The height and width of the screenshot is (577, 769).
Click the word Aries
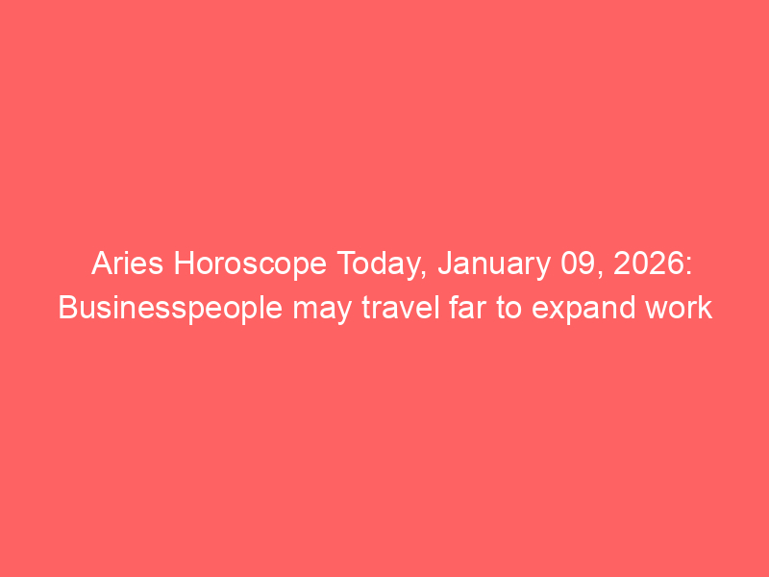127,263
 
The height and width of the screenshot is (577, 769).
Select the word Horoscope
250,265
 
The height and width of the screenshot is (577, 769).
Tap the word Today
378,265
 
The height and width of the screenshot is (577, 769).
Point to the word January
494,265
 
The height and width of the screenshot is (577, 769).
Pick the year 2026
647,263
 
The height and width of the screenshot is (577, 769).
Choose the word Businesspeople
170,310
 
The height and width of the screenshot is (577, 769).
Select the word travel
400,308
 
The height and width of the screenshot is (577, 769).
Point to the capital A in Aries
102,263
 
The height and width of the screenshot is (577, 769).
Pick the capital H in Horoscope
184,263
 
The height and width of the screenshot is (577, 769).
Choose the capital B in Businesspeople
67,308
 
